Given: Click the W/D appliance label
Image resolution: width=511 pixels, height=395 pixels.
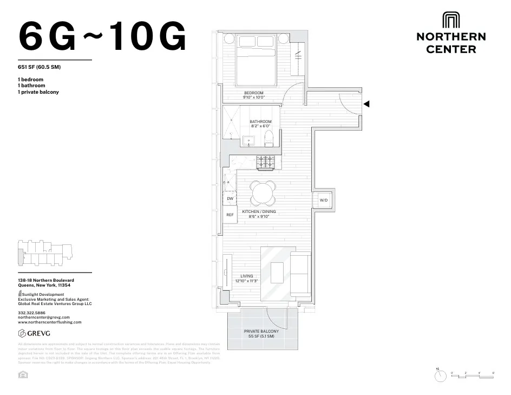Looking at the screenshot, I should pos(324,200).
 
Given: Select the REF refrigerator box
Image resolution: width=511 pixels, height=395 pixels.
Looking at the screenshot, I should pos(230,215).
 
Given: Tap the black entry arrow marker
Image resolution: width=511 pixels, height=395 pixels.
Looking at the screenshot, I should pos(366,104).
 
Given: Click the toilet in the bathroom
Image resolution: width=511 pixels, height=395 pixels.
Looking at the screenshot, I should pos(269,140).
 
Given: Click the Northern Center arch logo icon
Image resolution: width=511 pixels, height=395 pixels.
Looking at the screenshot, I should pos(451,20).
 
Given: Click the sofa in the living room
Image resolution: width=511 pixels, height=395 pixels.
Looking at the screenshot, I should pos(300,274).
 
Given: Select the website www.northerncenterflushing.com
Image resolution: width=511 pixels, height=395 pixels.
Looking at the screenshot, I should pos(50,322).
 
